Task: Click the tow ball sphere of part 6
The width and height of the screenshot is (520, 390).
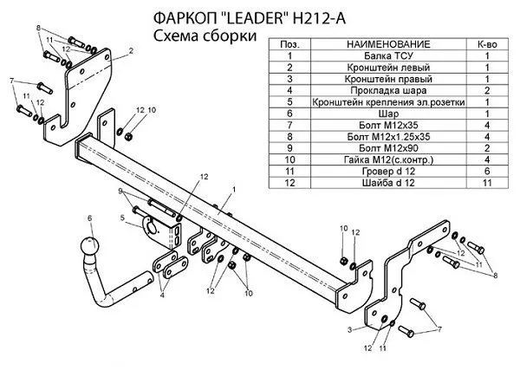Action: pos(89,246)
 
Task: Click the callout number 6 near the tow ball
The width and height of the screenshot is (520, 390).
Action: pos(89,218)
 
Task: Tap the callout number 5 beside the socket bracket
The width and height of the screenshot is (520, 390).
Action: pos(122,218)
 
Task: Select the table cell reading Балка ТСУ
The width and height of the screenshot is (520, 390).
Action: pos(388,55)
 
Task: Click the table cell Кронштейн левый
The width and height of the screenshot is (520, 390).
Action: pos(388,68)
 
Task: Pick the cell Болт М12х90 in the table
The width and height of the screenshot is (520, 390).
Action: pos(388,148)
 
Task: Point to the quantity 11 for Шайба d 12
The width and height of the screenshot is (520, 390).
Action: pos(487,183)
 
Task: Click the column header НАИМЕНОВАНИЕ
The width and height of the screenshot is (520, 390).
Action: pos(388,44)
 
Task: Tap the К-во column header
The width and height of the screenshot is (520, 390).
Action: pos(487,44)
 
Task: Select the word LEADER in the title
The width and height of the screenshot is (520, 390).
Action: pos(254,18)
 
